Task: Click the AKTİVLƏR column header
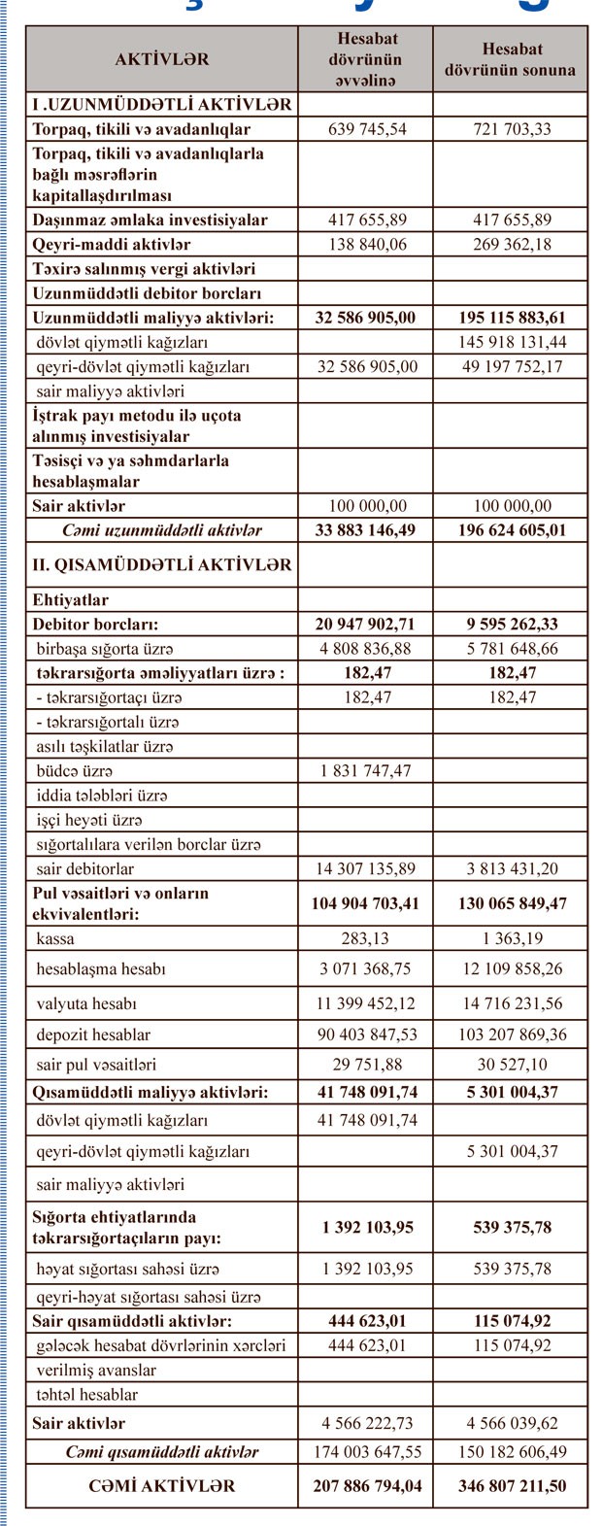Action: (x=162, y=59)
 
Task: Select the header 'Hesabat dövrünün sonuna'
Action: (x=510, y=59)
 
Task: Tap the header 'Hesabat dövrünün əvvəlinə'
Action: (x=368, y=59)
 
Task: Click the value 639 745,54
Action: (x=368, y=129)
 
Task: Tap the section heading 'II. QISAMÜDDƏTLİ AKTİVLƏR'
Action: (x=162, y=564)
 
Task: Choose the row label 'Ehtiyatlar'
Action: (x=71, y=600)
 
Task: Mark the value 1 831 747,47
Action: (x=368, y=771)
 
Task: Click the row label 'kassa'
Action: (x=55, y=938)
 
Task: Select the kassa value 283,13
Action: (x=368, y=938)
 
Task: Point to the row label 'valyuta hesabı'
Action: (x=86, y=1003)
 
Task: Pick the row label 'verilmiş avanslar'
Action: (x=96, y=1371)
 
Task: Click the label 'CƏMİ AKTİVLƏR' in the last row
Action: (x=162, y=1486)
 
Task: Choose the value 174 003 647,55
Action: (x=368, y=1452)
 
